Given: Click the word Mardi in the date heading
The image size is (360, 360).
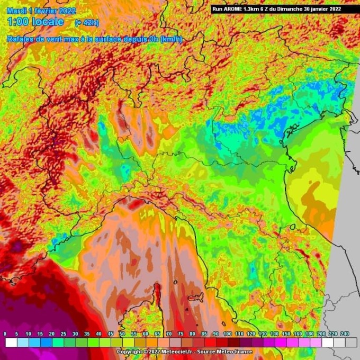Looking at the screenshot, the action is pos(16,10).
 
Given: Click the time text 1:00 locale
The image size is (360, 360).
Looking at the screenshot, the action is pos(35,22).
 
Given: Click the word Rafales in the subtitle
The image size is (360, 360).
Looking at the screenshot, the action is pos(20,39).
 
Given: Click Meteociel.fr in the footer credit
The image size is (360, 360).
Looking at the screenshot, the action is pos(181,352).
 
